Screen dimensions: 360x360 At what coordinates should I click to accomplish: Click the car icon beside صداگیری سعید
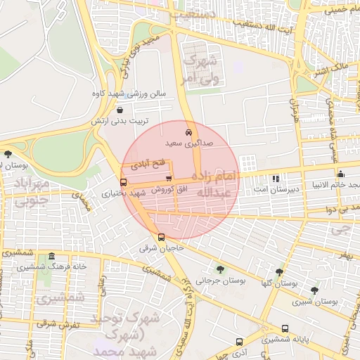pos(188,132)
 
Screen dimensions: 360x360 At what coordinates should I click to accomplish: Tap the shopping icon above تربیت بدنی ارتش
pos(120,110)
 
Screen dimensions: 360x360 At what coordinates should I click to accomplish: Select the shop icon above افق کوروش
pos(168,178)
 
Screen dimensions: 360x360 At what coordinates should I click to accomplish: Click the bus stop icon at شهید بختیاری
pos(124,183)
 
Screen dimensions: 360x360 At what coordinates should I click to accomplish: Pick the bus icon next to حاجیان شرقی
pos(161,237)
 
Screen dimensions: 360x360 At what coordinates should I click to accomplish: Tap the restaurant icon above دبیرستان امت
pos(276,179)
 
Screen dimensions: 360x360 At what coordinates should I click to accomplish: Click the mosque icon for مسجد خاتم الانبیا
pos(341,174)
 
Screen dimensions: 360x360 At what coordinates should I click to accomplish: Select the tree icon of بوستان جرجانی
pos(221,269)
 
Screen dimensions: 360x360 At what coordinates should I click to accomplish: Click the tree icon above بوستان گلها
pos(280,272)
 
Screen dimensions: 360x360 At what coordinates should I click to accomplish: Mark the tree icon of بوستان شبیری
pos(314,290)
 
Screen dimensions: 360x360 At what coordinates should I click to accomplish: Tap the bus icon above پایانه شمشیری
pos(285,328)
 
